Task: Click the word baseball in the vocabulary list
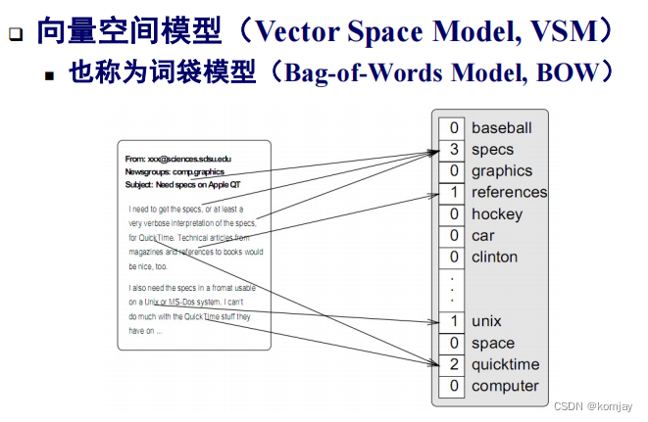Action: pos(501,128)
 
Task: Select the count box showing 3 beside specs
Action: pos(453,150)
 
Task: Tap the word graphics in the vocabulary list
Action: pos(501,171)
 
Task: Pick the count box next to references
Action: pos(453,193)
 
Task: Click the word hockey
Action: pos(497,214)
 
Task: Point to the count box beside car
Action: pos(453,236)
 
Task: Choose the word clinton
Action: pos(494,258)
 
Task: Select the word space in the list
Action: pos(493,344)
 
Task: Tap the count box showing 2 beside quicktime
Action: pos(453,365)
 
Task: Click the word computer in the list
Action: pos(505,387)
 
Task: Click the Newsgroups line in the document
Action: pos(174,171)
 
